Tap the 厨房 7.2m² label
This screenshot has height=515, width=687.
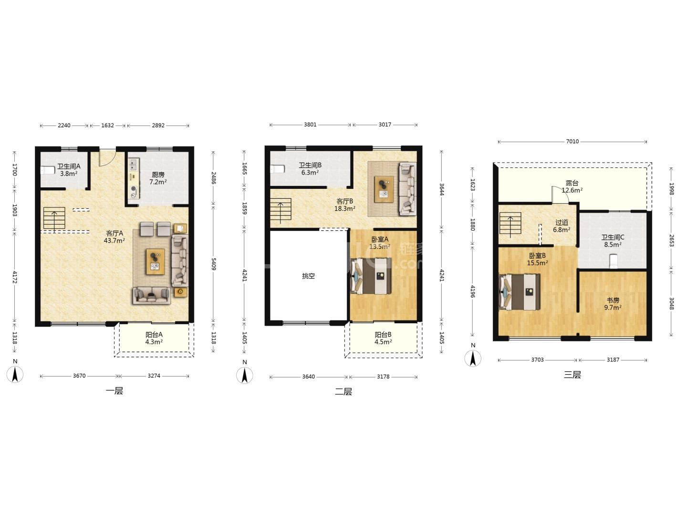158,178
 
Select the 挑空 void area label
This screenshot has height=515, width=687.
308,276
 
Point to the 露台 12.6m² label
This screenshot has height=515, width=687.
572,186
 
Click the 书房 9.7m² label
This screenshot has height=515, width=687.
613,304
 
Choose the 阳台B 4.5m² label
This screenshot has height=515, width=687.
383,338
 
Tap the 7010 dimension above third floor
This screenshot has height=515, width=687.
572,141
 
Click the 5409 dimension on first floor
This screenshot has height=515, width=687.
213,264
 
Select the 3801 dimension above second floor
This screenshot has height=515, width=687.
310,124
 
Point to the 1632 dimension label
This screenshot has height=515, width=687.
107,125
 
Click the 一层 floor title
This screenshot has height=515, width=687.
114,391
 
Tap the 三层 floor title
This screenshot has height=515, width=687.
572,374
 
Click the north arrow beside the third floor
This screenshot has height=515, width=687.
473,358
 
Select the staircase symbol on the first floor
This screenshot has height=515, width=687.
54,218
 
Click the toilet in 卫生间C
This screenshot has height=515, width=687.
614,261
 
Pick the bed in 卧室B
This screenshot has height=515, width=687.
520,292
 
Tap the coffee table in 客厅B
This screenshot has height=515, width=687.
384,187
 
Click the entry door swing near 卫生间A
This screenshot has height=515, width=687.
105,158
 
